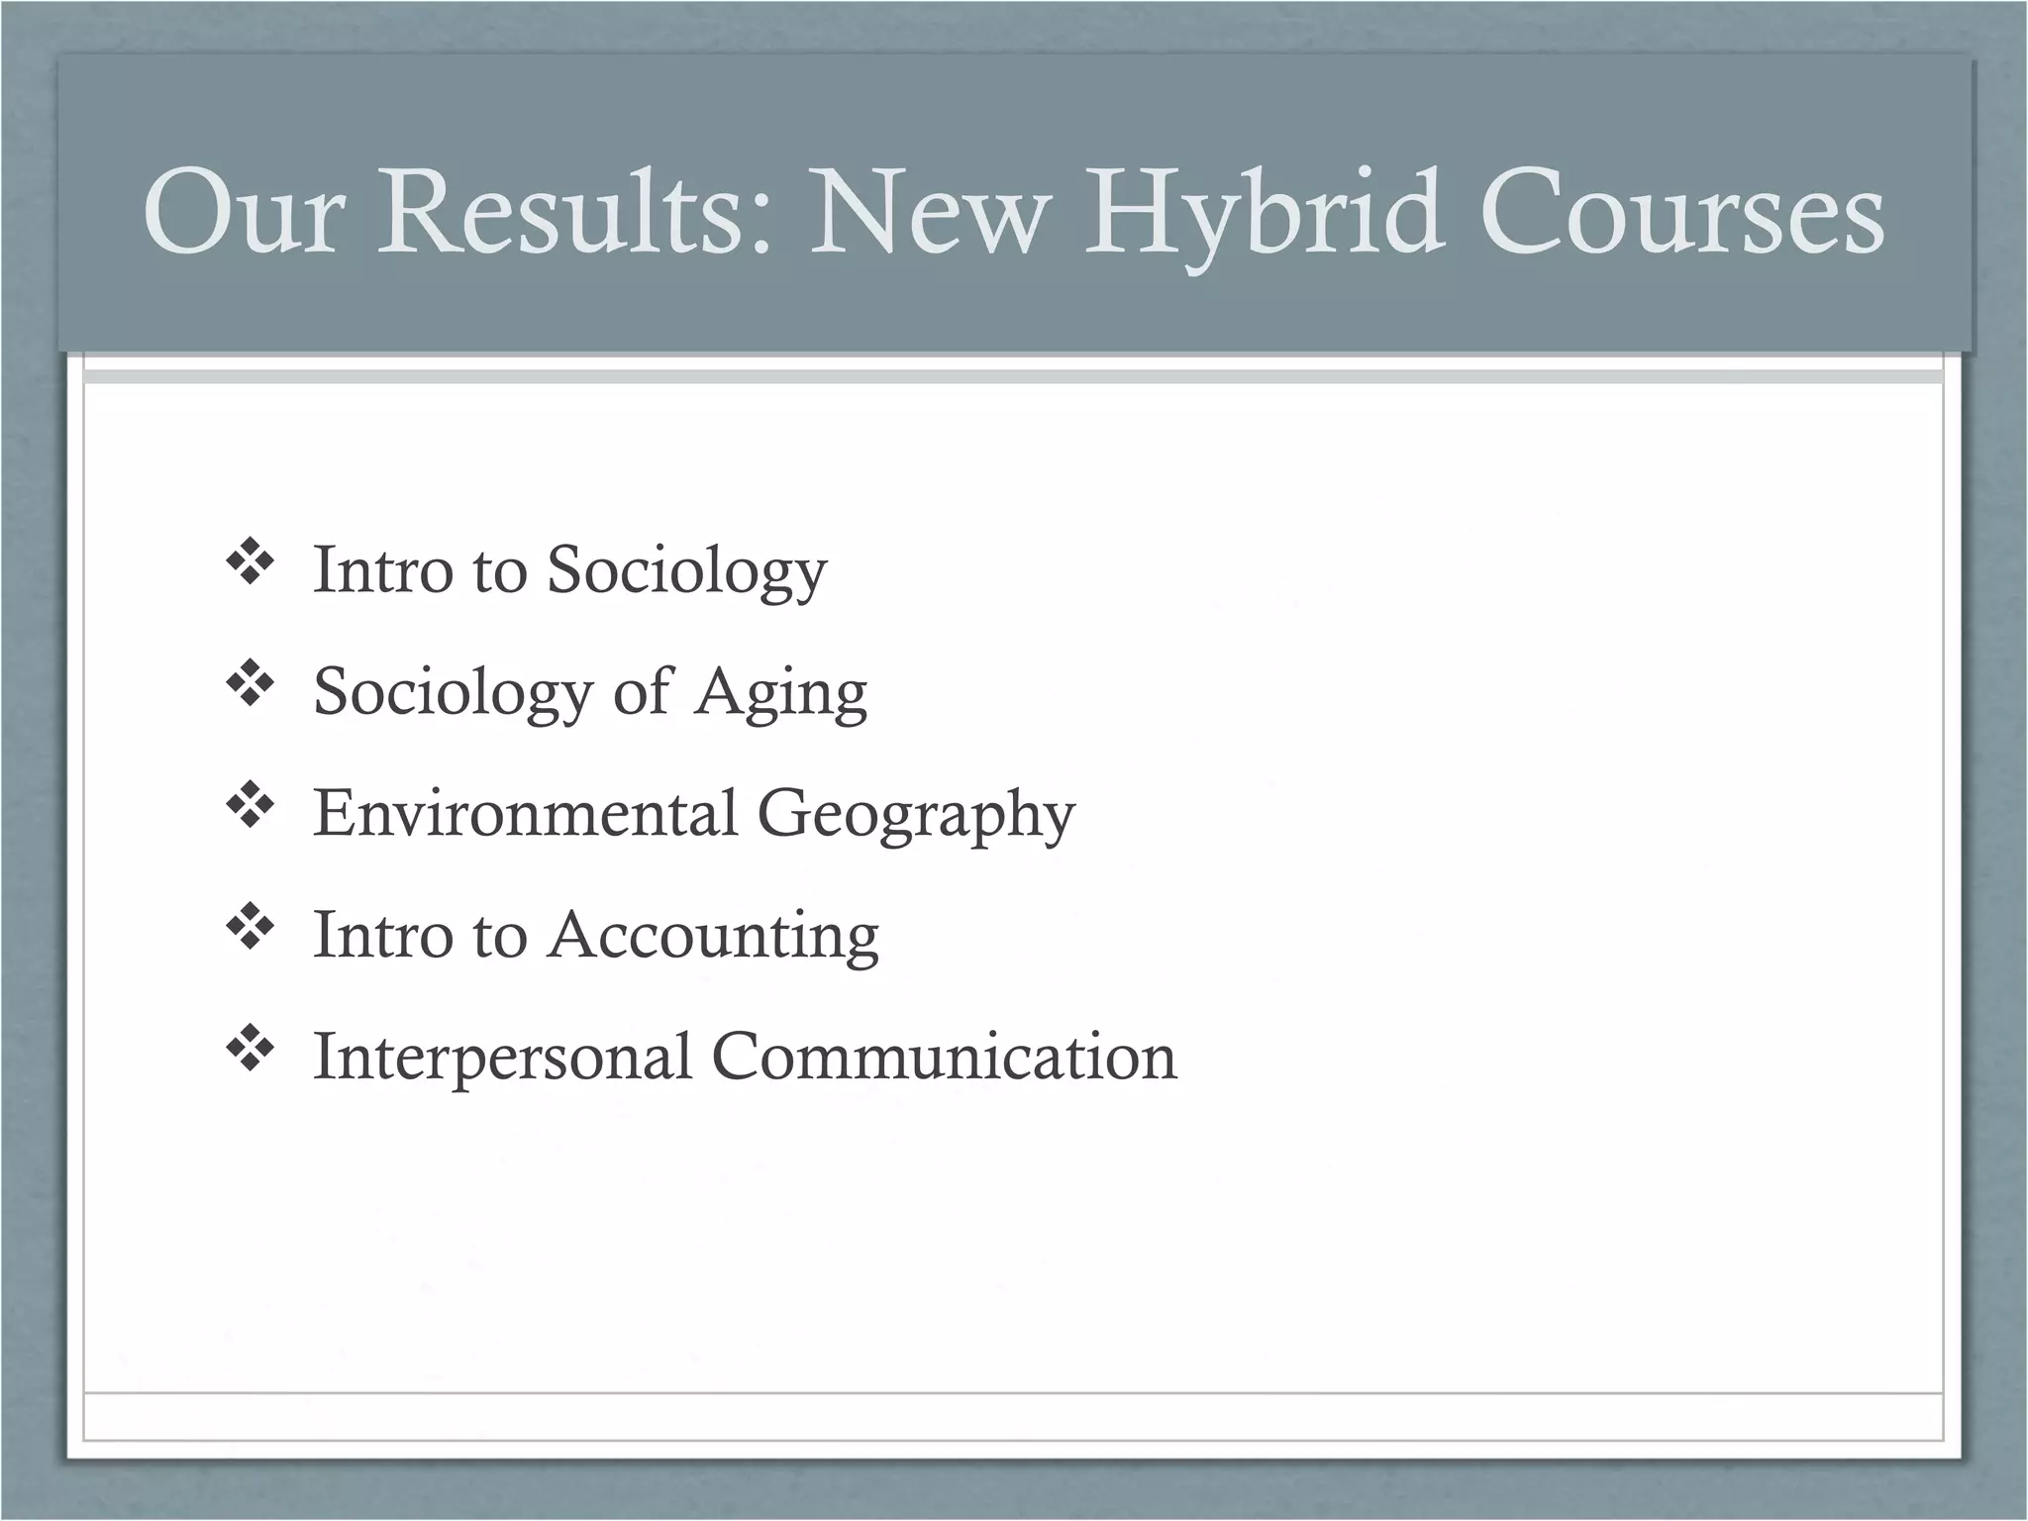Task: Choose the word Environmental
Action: click(526, 813)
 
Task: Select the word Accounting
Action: click(713, 937)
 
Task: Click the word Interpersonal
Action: click(502, 1058)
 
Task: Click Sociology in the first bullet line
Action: click(686, 572)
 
